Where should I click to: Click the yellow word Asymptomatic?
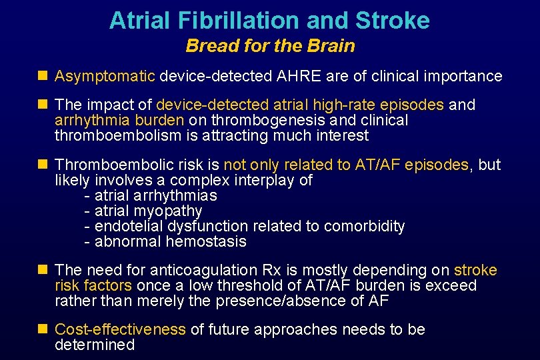pyautogui.click(x=105, y=76)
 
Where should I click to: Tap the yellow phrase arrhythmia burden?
pyautogui.click(x=119, y=121)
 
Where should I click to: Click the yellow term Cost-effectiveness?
pyautogui.click(x=120, y=329)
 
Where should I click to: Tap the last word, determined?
pyautogui.click(x=95, y=345)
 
